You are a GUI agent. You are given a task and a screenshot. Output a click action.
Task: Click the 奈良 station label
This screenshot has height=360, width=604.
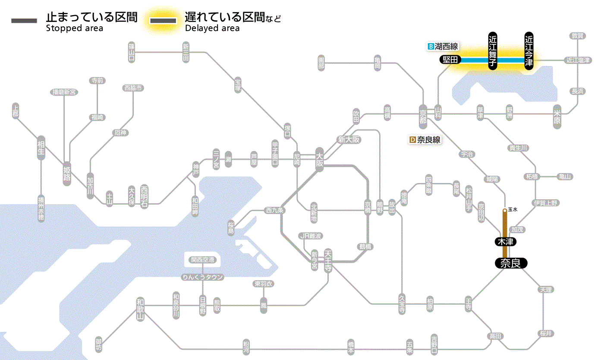511,263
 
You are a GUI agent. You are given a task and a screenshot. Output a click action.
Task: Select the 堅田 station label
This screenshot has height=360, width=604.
450,60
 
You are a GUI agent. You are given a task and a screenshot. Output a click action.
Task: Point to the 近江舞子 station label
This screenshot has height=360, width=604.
493,51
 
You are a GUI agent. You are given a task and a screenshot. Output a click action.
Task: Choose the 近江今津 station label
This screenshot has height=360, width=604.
529,51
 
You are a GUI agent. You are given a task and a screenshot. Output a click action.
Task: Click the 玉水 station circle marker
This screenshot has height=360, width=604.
505,211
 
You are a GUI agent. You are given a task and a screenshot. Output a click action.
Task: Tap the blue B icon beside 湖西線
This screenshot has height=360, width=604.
430,47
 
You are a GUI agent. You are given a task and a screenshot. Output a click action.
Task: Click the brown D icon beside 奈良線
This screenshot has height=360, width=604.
412,140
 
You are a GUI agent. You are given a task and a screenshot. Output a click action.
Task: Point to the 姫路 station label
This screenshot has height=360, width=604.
67,173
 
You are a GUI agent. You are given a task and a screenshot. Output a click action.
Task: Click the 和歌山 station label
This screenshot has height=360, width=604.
140,309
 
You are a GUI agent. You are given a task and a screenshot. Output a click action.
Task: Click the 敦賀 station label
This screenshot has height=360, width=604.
578,36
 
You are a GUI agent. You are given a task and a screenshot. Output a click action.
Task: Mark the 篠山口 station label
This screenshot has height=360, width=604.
132,51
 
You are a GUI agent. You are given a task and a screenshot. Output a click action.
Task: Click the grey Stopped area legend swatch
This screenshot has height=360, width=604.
24,21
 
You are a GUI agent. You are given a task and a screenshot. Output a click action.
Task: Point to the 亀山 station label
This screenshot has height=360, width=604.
565,177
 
